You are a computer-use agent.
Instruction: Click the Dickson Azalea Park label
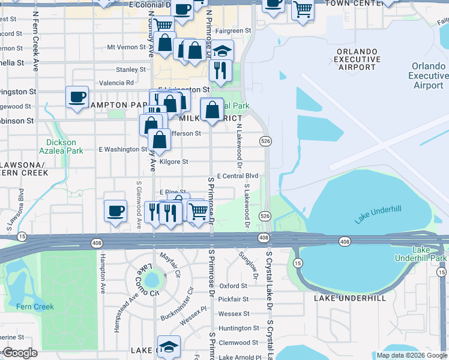coord(61,147)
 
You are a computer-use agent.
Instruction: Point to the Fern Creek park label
coord(35,307)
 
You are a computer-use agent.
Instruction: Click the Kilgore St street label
coord(173,162)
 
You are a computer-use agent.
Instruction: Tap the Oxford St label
coord(234,286)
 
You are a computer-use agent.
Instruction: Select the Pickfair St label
coord(234,299)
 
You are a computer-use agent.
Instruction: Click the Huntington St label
coord(238,328)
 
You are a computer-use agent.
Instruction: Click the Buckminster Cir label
coord(182,298)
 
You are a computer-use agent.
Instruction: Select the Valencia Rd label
coord(116,83)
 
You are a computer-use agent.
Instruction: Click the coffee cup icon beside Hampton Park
coord(77,97)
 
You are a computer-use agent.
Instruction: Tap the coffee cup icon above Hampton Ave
coord(116,211)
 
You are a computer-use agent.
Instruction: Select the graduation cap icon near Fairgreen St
coord(222,50)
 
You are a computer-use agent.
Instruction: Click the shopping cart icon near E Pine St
coord(198,211)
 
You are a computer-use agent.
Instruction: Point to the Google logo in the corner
coord(20,353)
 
